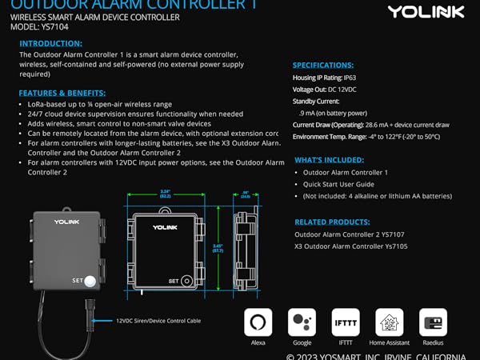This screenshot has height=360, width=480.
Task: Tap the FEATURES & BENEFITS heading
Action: pyautogui.click(x=62, y=93)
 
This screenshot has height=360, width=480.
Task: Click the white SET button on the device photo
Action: pyautogui.click(x=90, y=281)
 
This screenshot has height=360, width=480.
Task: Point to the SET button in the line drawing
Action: pyautogui.click(x=186, y=282)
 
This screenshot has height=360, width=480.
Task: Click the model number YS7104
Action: pyautogui.click(x=54, y=26)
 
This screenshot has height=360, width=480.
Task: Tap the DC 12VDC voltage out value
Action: pyautogui.click(x=350, y=90)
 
